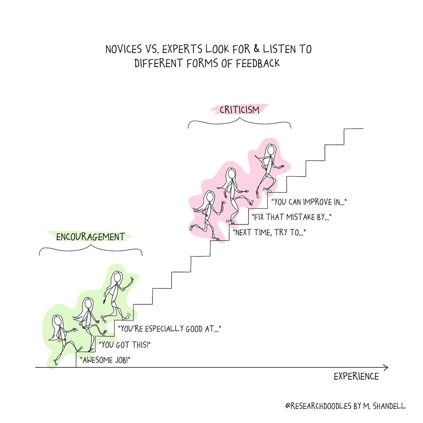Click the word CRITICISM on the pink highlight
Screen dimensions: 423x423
[x=239, y=110]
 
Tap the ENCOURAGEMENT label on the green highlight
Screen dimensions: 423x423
[x=90, y=237]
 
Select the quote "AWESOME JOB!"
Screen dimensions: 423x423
[x=105, y=360]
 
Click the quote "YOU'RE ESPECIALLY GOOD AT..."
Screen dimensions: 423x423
[x=169, y=329]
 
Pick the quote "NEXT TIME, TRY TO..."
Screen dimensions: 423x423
[x=269, y=232]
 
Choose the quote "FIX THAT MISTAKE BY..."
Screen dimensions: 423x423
[x=291, y=217]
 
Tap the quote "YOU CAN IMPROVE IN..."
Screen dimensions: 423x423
[x=309, y=202]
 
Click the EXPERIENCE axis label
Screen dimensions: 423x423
[x=356, y=377]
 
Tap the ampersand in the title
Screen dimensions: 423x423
[x=256, y=49]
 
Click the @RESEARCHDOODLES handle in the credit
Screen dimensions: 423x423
[x=318, y=400]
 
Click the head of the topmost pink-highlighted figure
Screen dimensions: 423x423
[x=271, y=150]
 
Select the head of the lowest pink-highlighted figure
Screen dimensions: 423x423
[x=210, y=197]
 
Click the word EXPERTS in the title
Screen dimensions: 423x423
[x=182, y=49]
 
